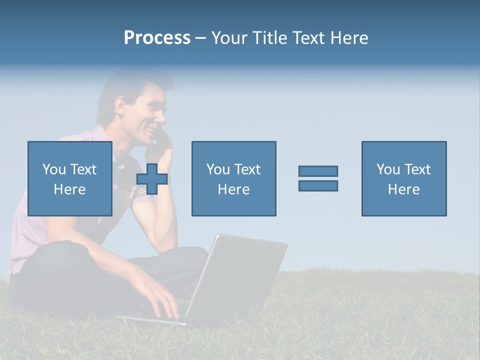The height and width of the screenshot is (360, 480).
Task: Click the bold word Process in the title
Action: coord(157,38)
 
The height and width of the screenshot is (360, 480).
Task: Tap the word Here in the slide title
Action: coord(348,38)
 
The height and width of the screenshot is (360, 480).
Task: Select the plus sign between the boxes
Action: coord(152,179)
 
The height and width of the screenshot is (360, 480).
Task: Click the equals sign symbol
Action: coord(318,178)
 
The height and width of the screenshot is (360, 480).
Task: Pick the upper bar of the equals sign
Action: coord(318,171)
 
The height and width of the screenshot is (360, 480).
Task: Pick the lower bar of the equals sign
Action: coord(318,185)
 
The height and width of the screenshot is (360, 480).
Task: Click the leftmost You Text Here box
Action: coord(70,178)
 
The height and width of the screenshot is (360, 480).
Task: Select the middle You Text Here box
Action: coord(233,178)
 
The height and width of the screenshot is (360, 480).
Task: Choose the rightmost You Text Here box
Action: coord(404,178)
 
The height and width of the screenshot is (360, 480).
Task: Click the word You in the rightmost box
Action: coord(388,169)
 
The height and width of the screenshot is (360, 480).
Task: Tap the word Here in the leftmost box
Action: coord(70,189)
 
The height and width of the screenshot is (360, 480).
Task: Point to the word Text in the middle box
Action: coord(248,169)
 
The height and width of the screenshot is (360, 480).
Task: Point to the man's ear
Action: coord(120,105)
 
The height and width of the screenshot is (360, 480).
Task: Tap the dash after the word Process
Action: coord(200,38)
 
